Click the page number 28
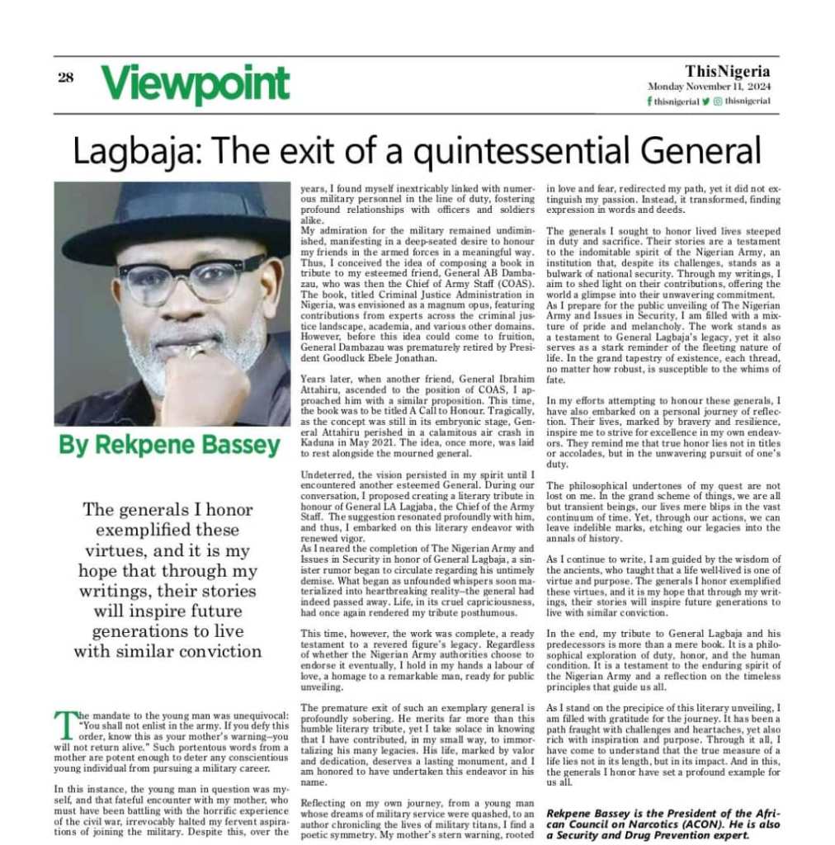pos(66,78)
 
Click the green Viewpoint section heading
pos(196,83)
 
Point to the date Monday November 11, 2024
pos(709,87)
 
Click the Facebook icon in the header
pos(649,101)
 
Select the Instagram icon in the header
pos(718,101)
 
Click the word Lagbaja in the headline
pos(132,150)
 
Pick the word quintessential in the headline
pos(507,152)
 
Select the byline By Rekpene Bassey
pos(169,446)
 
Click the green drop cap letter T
pos(64,724)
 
